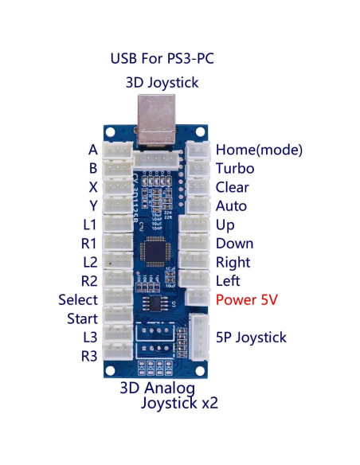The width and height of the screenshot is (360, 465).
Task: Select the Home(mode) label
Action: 259,150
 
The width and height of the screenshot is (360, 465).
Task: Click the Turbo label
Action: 235,169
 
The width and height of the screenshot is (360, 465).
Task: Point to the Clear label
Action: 233,188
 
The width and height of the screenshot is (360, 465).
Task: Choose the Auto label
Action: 231,206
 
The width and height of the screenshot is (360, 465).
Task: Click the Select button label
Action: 78,300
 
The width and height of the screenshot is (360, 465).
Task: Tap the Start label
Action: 82,319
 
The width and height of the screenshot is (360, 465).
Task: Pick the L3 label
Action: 89,338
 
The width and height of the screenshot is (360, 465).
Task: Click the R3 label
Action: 89,356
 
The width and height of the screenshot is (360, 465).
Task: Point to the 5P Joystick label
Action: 251,338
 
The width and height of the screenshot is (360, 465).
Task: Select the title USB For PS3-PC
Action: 162,59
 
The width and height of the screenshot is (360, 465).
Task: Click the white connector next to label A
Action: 119,150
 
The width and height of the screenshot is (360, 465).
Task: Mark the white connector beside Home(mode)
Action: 197,150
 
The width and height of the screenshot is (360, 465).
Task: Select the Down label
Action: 234,244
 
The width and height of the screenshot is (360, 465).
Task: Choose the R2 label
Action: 89,281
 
